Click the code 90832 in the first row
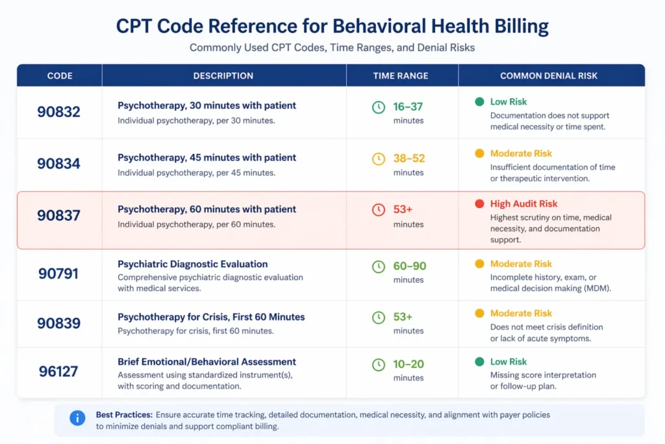click(x=58, y=112)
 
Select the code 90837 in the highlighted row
click(x=58, y=216)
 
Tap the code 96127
click(x=58, y=371)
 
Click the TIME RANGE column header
click(x=401, y=75)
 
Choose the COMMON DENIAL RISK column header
click(x=551, y=75)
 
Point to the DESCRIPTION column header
click(x=223, y=75)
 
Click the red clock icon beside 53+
click(x=378, y=210)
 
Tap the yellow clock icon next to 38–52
click(x=378, y=159)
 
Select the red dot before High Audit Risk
click(x=479, y=204)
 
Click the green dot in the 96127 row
click(x=479, y=361)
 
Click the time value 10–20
click(x=408, y=365)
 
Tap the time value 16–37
click(x=408, y=107)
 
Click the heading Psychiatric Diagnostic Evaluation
click(x=192, y=264)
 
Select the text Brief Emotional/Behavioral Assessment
click(x=207, y=361)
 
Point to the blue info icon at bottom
click(x=77, y=418)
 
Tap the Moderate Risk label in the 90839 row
click(x=521, y=313)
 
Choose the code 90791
click(x=58, y=273)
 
